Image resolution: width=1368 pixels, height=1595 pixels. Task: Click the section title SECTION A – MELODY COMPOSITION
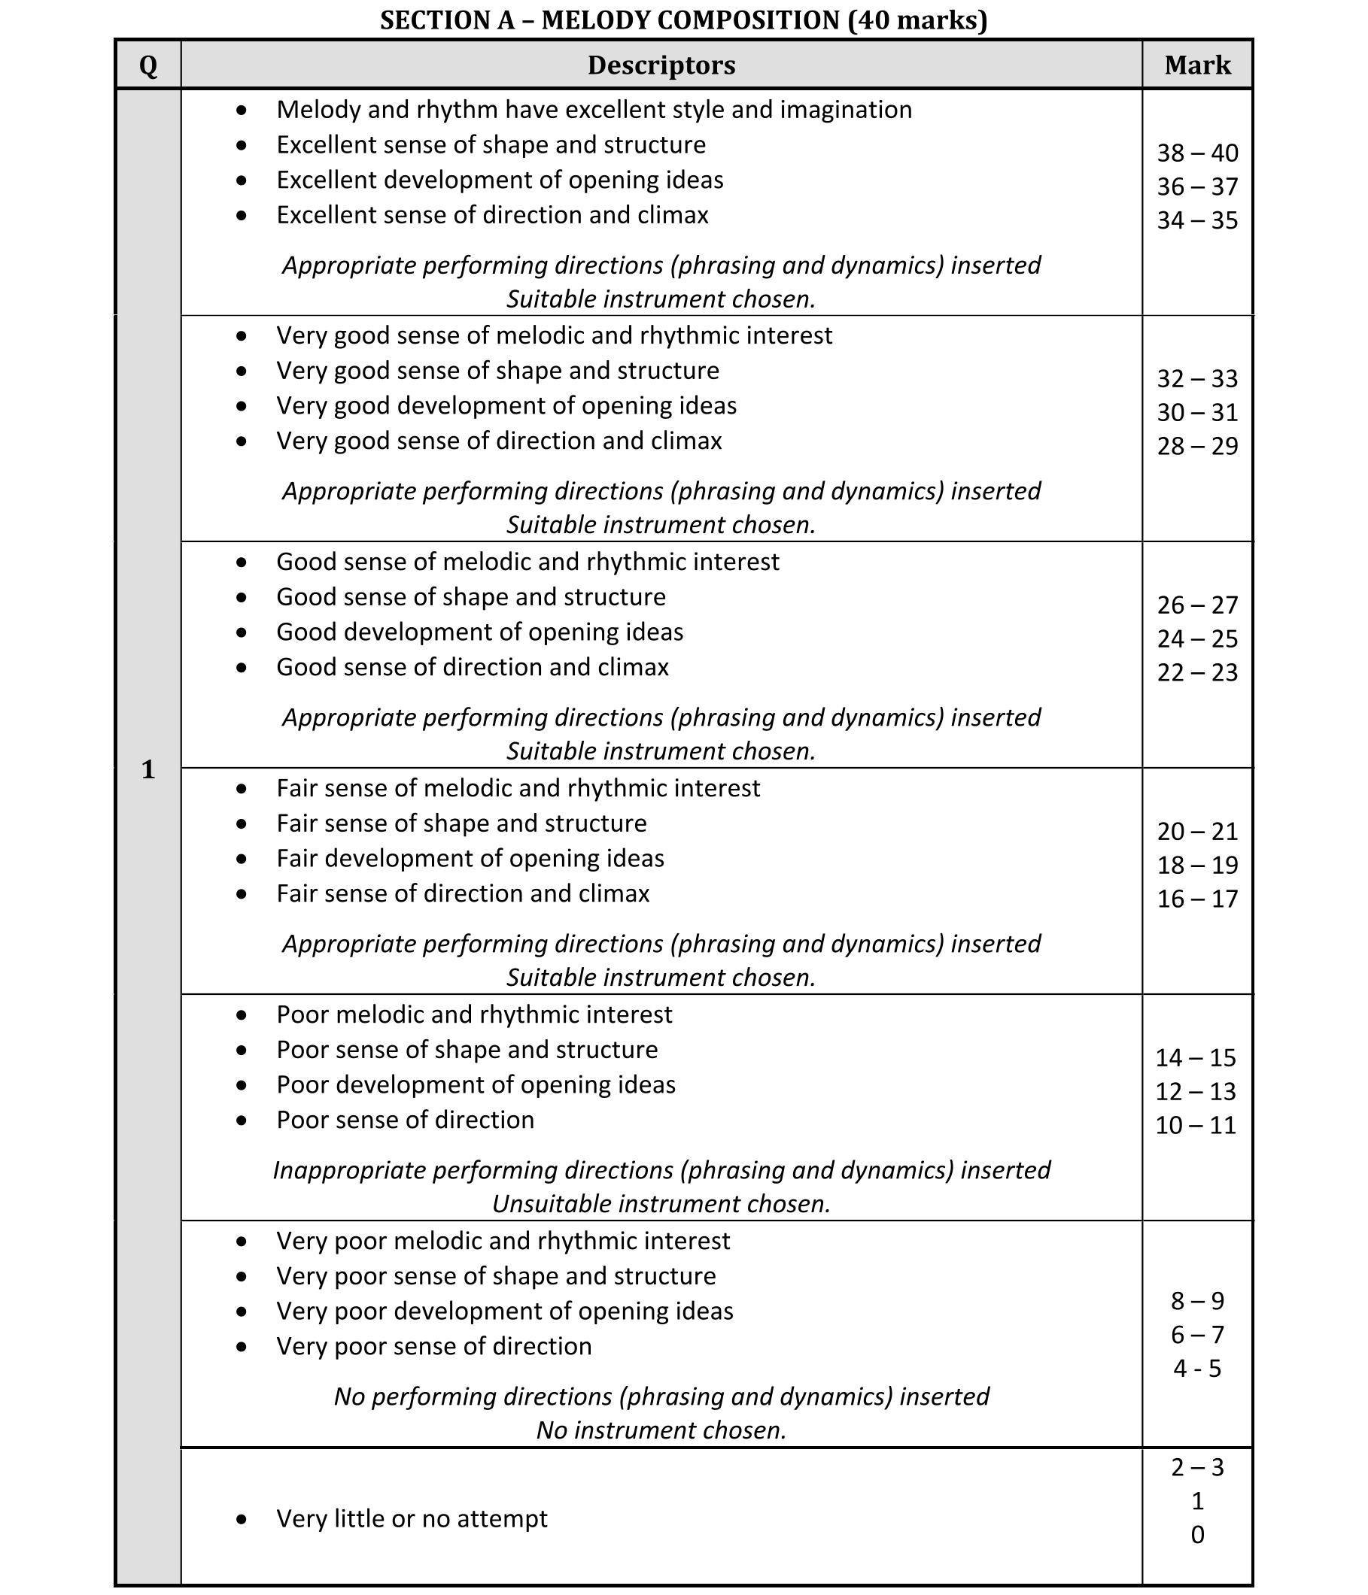(x=683, y=20)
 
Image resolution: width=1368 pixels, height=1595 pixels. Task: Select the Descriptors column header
(x=661, y=65)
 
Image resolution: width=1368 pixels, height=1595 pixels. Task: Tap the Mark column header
(x=1197, y=65)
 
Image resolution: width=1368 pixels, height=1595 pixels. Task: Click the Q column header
(x=148, y=65)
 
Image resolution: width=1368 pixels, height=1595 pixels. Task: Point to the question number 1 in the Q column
(x=148, y=769)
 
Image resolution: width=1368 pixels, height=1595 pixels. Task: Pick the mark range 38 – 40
(x=1197, y=153)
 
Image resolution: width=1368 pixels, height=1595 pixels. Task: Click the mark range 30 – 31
(x=1197, y=413)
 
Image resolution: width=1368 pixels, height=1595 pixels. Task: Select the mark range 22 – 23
(x=1197, y=673)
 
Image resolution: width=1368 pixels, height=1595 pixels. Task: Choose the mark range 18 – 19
(x=1197, y=866)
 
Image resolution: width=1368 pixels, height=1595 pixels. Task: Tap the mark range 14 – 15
(x=1196, y=1057)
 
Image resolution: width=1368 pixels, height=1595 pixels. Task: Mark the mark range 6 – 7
(x=1197, y=1334)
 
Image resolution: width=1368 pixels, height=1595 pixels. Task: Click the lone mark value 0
(x=1197, y=1534)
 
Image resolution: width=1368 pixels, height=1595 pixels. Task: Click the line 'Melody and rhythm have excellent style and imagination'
(x=594, y=110)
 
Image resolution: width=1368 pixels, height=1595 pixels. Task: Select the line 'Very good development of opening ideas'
(x=506, y=405)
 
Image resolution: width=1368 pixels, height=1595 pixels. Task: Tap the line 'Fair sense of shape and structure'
(x=461, y=823)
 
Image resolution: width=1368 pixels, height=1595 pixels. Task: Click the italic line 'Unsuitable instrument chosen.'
(x=661, y=1203)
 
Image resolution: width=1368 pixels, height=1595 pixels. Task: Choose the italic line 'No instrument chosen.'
(x=661, y=1430)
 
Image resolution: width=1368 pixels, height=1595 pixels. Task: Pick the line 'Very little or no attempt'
(x=412, y=1518)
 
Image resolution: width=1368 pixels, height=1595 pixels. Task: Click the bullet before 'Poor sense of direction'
(x=242, y=1120)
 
